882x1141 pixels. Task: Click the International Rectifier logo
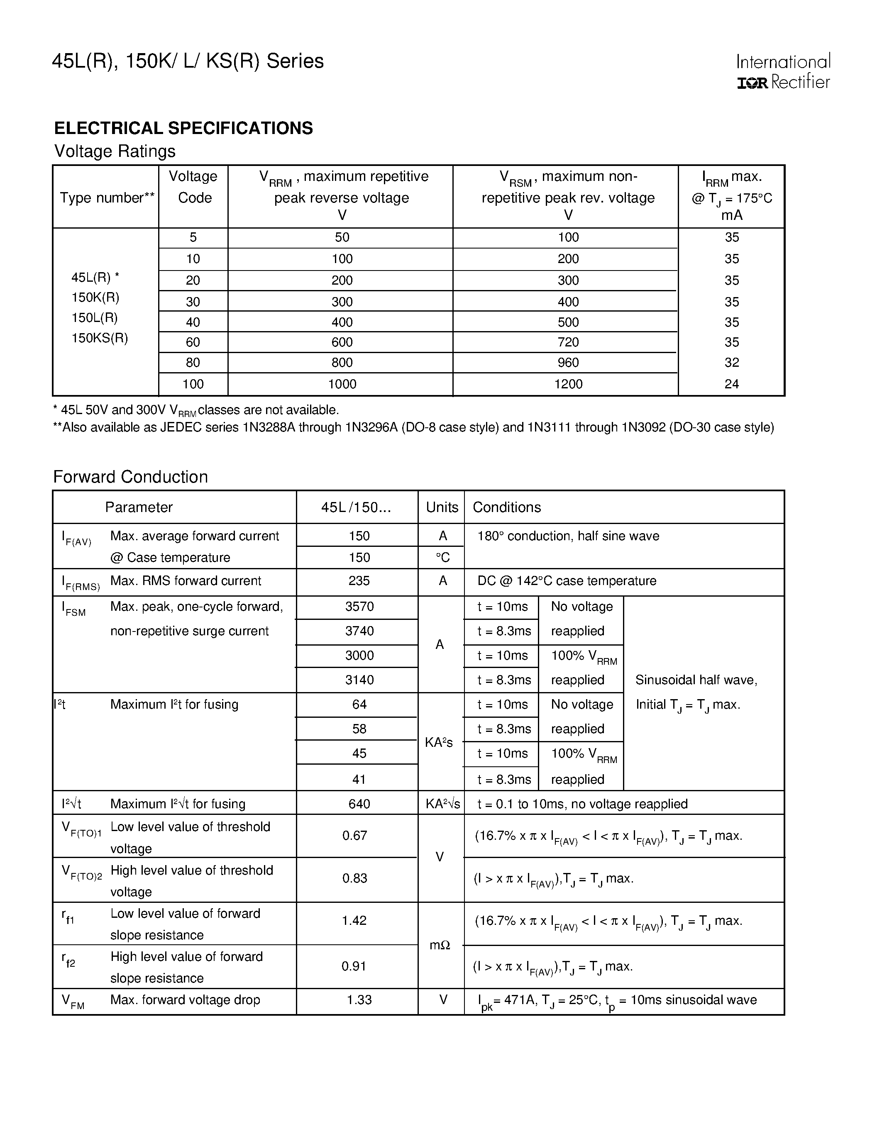pyautogui.click(x=783, y=72)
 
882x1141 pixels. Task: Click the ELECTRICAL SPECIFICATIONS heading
pyautogui.click(x=183, y=128)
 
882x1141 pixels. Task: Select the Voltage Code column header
pyautogui.click(x=193, y=187)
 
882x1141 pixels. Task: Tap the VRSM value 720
pyautogui.click(x=568, y=342)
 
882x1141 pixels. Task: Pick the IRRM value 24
pyautogui.click(x=731, y=384)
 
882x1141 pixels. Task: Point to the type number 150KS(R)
pyautogui.click(x=99, y=338)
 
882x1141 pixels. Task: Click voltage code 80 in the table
pyautogui.click(x=193, y=363)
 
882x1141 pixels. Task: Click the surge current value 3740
pyautogui.click(x=359, y=631)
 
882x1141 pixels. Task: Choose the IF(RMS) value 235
pyautogui.click(x=359, y=581)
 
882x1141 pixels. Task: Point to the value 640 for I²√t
pyautogui.click(x=359, y=804)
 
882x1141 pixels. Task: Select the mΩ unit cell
pyautogui.click(x=440, y=945)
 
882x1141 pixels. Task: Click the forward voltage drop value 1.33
pyautogui.click(x=359, y=1000)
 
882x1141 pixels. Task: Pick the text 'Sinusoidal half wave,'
pyautogui.click(x=696, y=680)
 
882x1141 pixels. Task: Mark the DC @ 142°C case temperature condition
pyautogui.click(x=567, y=581)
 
